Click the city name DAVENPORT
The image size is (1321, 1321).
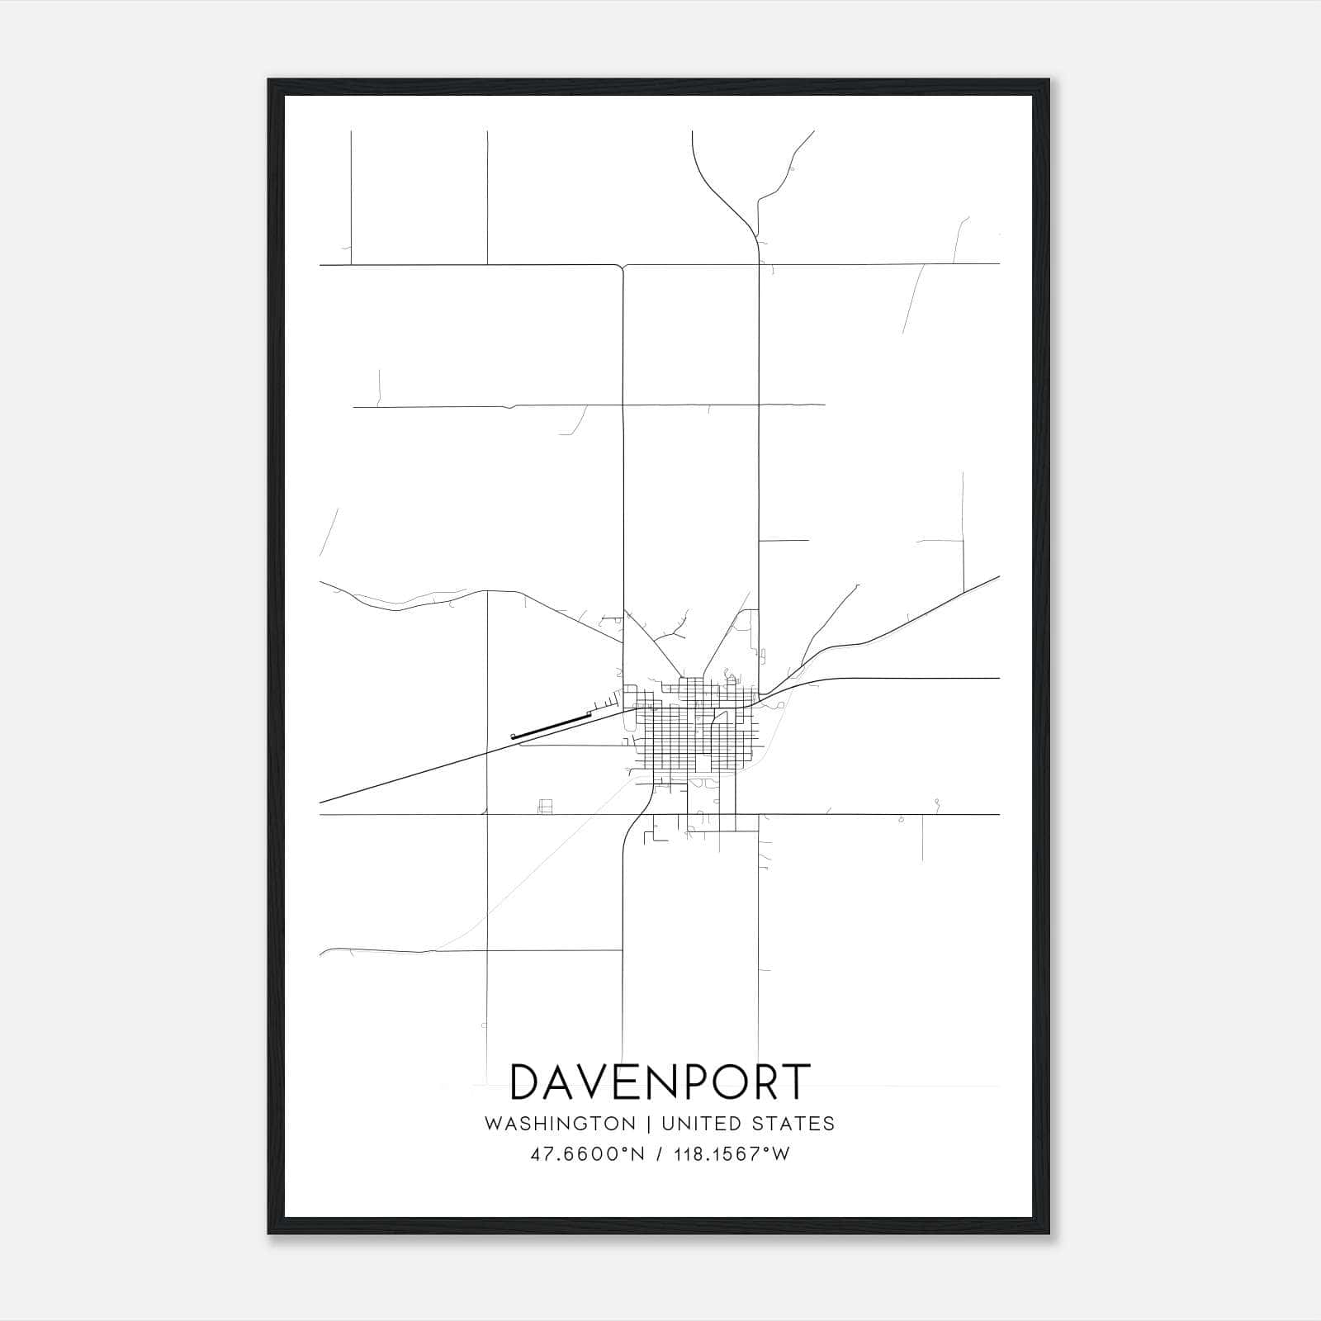(660, 1082)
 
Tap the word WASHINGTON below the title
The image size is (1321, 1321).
(560, 1124)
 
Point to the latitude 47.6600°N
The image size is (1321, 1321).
(587, 1154)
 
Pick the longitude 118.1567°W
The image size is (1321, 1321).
(732, 1154)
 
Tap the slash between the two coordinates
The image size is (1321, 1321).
(659, 1154)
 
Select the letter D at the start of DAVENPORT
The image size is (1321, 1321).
(528, 1082)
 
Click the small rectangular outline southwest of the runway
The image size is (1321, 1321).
(544, 807)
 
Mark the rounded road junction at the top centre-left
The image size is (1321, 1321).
(623, 266)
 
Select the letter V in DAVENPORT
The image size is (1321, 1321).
(605, 1082)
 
